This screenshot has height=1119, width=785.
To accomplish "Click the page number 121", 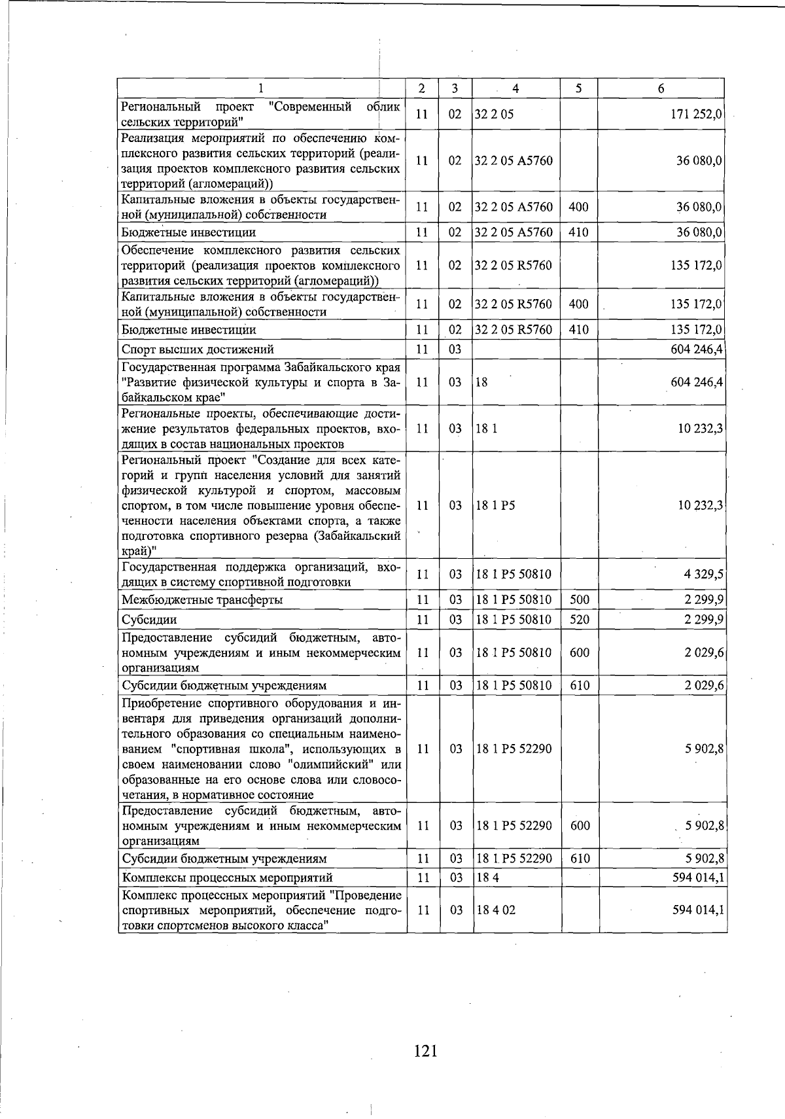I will (x=425, y=1052).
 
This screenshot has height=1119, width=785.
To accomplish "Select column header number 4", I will (x=515, y=88).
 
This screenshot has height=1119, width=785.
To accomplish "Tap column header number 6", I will (x=661, y=88).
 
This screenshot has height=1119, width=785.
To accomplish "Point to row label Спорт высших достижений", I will (x=198, y=349).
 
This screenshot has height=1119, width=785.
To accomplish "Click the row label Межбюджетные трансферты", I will (x=202, y=600).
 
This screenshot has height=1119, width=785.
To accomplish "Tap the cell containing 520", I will (x=579, y=620).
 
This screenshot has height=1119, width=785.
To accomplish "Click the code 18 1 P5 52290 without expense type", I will (x=514, y=749).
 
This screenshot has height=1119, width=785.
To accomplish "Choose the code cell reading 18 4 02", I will (x=495, y=910).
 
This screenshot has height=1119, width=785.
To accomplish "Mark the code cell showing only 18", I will (x=481, y=382).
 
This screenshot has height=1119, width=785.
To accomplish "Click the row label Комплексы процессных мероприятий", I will (x=227, y=878).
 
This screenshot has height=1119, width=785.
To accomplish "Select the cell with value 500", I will (x=579, y=600).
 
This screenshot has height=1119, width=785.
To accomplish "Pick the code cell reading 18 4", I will (x=487, y=878).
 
